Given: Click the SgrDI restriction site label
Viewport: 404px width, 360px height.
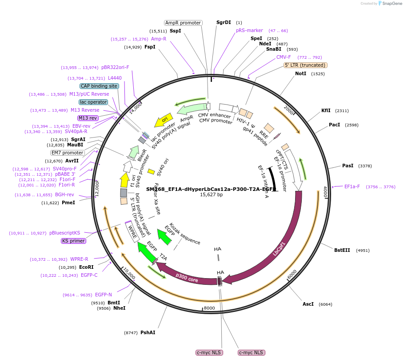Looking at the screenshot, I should point(224,22).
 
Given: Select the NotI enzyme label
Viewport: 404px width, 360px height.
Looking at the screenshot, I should point(301,73).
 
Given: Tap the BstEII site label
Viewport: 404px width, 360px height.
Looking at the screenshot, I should point(342,250).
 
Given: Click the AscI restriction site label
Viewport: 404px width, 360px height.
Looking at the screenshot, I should point(308,304).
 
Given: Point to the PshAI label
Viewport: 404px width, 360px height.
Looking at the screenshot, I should point(148,332).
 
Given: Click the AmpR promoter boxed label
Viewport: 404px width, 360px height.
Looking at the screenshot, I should point(183,23).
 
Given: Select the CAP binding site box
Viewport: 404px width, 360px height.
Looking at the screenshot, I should point(99,86).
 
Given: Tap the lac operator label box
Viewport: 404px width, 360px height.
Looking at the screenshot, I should point(93,102).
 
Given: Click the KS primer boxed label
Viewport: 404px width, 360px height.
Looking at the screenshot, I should point(73,241).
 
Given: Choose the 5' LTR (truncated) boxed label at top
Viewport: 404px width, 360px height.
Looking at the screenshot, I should point(305,65).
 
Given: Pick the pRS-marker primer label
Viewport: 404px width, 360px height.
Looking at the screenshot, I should point(249,31).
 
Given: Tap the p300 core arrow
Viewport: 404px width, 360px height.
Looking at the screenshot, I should point(187,276).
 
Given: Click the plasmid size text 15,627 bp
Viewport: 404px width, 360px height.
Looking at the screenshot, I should point(211,194).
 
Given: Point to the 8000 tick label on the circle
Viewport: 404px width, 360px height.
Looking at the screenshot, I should point(209,307).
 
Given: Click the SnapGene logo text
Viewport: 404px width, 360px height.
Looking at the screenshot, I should point(391,4).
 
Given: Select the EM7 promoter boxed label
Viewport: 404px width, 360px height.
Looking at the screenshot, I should point(67,153).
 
